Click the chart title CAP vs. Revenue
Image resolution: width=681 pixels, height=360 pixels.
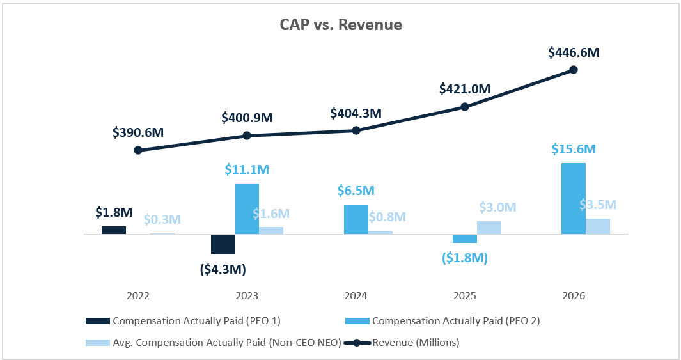341,25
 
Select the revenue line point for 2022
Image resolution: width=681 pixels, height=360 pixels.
138,150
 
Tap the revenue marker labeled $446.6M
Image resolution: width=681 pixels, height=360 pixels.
574,69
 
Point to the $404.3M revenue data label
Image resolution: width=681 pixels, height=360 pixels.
356,113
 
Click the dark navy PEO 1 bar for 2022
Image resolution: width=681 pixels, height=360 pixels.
114,230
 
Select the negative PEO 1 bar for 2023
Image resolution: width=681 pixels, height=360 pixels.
223,245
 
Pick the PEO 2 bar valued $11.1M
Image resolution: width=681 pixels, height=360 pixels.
247,209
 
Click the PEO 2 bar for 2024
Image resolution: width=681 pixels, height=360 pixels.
356,219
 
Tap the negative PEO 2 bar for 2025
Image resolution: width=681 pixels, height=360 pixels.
465,239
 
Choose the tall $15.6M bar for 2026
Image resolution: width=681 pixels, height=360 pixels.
574,199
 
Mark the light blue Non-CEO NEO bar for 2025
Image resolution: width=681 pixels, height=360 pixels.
489,228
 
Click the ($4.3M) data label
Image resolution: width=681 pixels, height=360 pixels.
223,269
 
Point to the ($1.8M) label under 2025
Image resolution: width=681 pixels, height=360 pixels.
465,258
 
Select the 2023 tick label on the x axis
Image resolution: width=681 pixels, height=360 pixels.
247,296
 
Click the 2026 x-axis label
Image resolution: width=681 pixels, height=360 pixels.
574,296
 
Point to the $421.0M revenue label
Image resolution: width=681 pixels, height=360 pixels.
465,90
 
